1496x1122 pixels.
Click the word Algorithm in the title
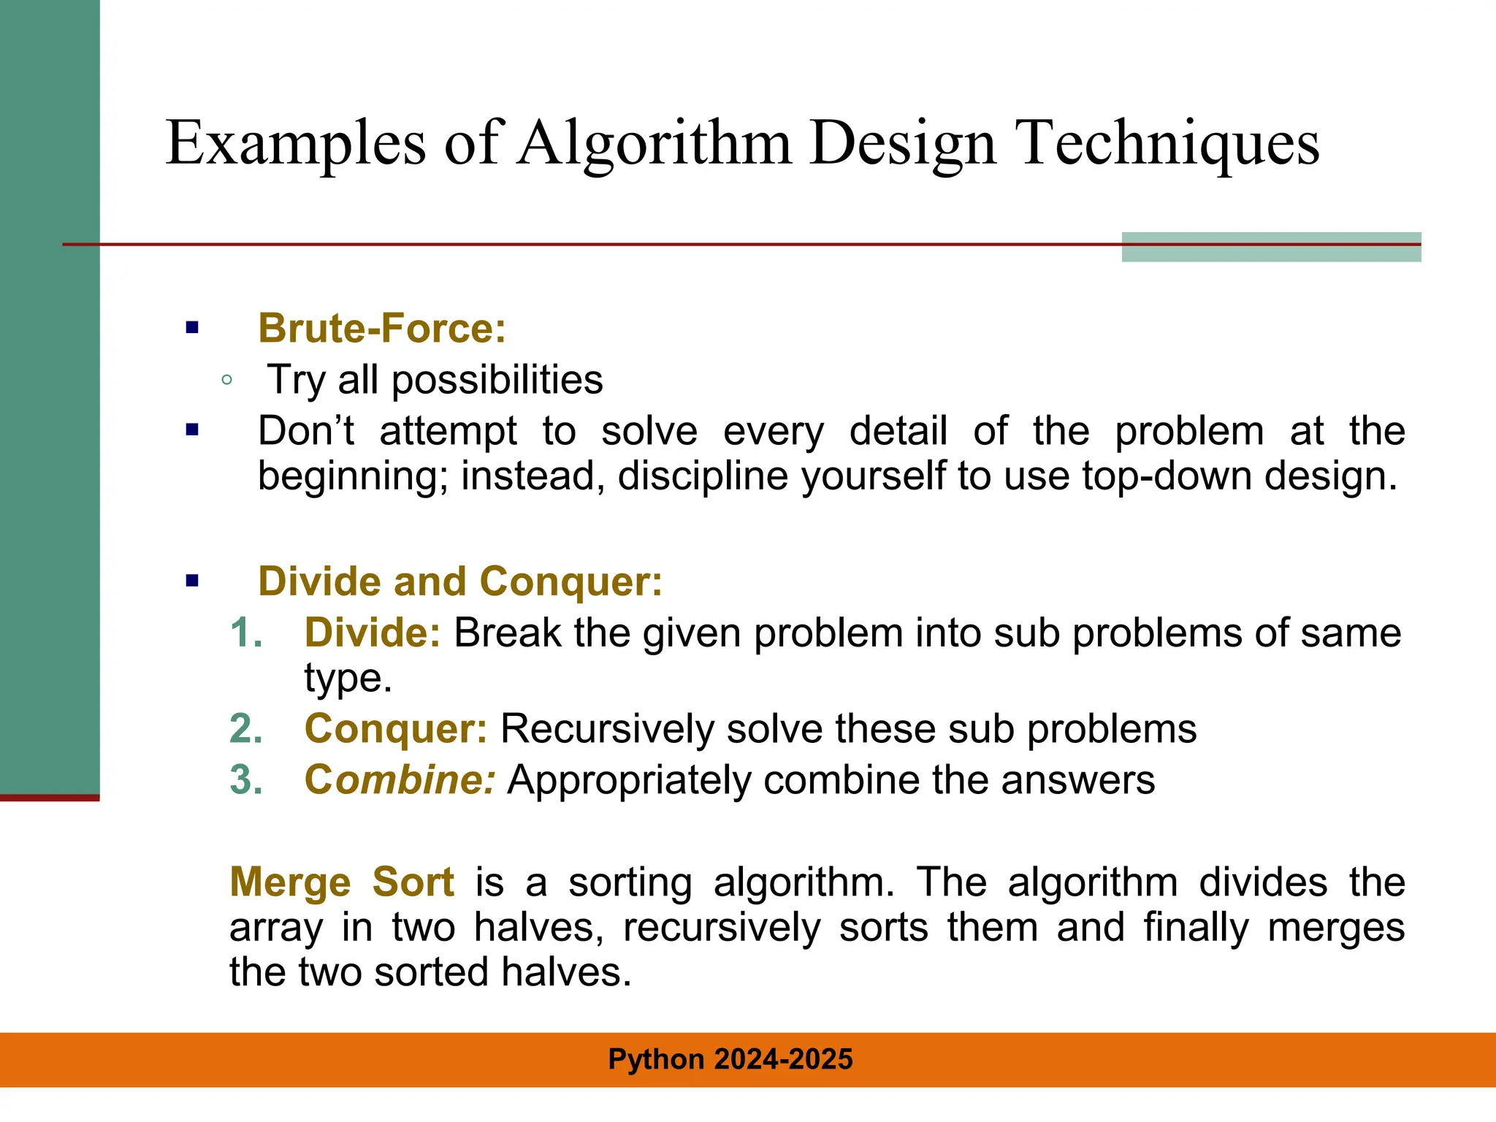[x=654, y=144]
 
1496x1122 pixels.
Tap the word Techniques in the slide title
[x=1168, y=144]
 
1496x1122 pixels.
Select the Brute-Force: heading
[x=382, y=328]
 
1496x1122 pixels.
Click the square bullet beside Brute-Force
[x=192, y=328]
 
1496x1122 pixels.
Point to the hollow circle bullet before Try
[x=226, y=380]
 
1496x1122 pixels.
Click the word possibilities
[x=497, y=381]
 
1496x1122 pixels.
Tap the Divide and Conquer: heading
[x=460, y=581]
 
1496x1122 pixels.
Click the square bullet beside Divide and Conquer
[x=192, y=581]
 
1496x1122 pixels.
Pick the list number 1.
[x=245, y=633]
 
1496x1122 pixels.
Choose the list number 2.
[x=245, y=729]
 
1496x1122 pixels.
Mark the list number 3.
[x=245, y=780]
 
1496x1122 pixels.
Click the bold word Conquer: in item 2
[x=395, y=729]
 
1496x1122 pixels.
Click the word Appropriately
[x=629, y=780]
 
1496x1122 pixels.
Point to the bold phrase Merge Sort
[x=342, y=882]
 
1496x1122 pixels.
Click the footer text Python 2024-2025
[x=730, y=1059]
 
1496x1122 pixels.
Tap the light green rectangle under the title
[x=1271, y=248]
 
